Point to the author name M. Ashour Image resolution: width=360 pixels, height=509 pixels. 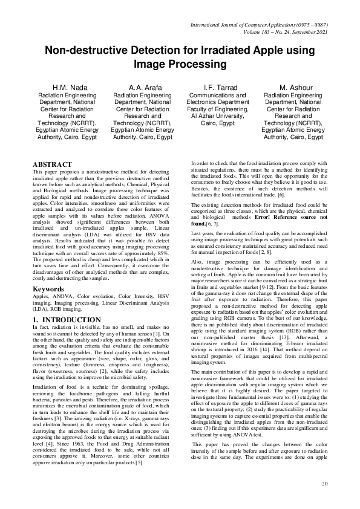click(293, 88)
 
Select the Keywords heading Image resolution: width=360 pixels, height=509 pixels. click(49, 289)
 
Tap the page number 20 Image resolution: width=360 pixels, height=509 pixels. click(324, 483)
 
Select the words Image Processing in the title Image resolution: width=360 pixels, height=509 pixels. click(180, 63)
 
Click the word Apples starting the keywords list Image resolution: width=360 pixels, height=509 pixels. click(41, 297)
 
